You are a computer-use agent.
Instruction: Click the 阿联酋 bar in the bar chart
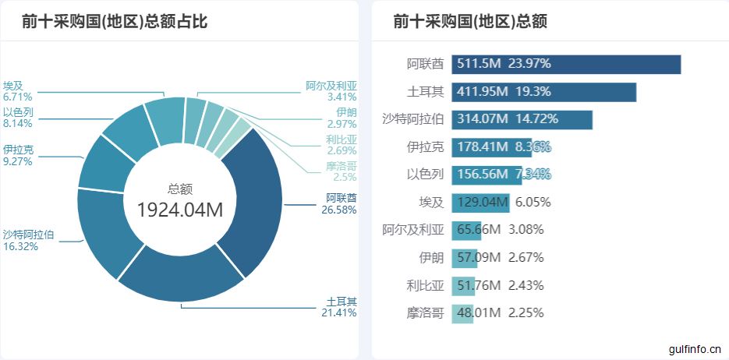pyautogui.click(x=565, y=64)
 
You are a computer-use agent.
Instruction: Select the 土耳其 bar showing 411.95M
pyautogui.click(x=543, y=92)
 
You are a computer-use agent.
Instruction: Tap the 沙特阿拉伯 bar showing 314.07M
pyautogui.click(x=522, y=120)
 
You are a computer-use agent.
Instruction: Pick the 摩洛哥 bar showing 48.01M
pyautogui.click(x=462, y=313)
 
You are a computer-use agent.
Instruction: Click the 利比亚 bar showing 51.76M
pyautogui.click(x=463, y=285)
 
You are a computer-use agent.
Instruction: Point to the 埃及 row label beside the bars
pyautogui.click(x=431, y=203)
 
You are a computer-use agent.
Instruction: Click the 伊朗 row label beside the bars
pyautogui.click(x=431, y=258)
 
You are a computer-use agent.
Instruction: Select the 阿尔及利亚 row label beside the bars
pyautogui.click(x=413, y=230)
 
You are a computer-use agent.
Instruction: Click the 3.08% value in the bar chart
pyautogui.click(x=526, y=230)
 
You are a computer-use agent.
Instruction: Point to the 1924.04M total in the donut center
pyautogui.click(x=180, y=210)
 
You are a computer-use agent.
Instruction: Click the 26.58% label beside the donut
pyautogui.click(x=340, y=210)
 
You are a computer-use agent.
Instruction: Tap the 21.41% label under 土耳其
pyautogui.click(x=341, y=313)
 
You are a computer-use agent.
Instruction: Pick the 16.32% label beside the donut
pyautogui.click(x=20, y=246)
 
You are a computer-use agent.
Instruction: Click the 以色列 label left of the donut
pyautogui.click(x=18, y=112)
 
